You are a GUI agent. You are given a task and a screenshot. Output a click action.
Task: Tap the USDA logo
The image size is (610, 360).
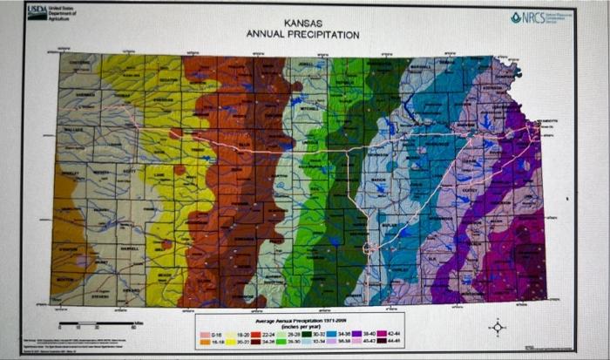click(38, 11)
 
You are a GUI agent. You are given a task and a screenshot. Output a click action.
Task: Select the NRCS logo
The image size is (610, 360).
click(528, 17)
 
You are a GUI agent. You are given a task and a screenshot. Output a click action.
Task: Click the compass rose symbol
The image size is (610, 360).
click(498, 328)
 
